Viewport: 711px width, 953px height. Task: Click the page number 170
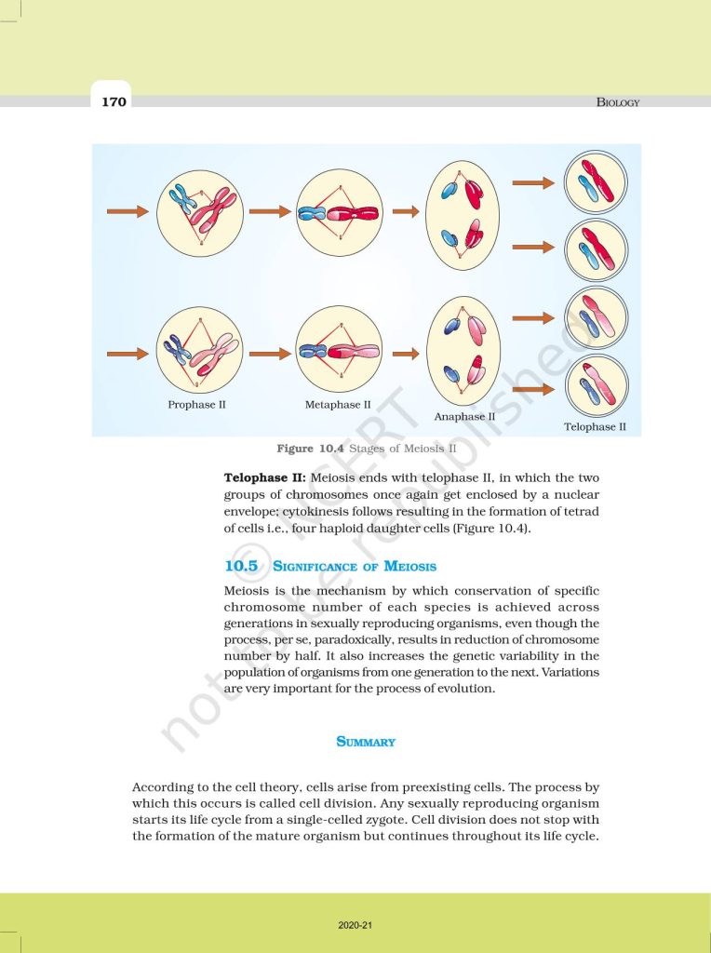(114, 101)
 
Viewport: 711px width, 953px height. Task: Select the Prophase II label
(196, 405)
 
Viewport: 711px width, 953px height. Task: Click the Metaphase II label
(338, 405)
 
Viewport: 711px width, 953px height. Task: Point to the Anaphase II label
(464, 417)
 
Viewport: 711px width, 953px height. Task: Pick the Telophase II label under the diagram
(595, 427)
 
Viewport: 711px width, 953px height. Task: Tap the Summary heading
(366, 742)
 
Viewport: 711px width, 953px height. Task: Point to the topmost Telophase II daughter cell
(597, 181)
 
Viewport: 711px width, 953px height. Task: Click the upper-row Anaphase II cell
(463, 211)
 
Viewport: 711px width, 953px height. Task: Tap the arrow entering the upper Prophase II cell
(127, 212)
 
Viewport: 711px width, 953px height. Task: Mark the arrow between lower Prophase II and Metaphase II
(270, 354)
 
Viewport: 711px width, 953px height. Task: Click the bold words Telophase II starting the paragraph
(262, 477)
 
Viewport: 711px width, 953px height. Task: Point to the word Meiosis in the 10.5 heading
(407, 566)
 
